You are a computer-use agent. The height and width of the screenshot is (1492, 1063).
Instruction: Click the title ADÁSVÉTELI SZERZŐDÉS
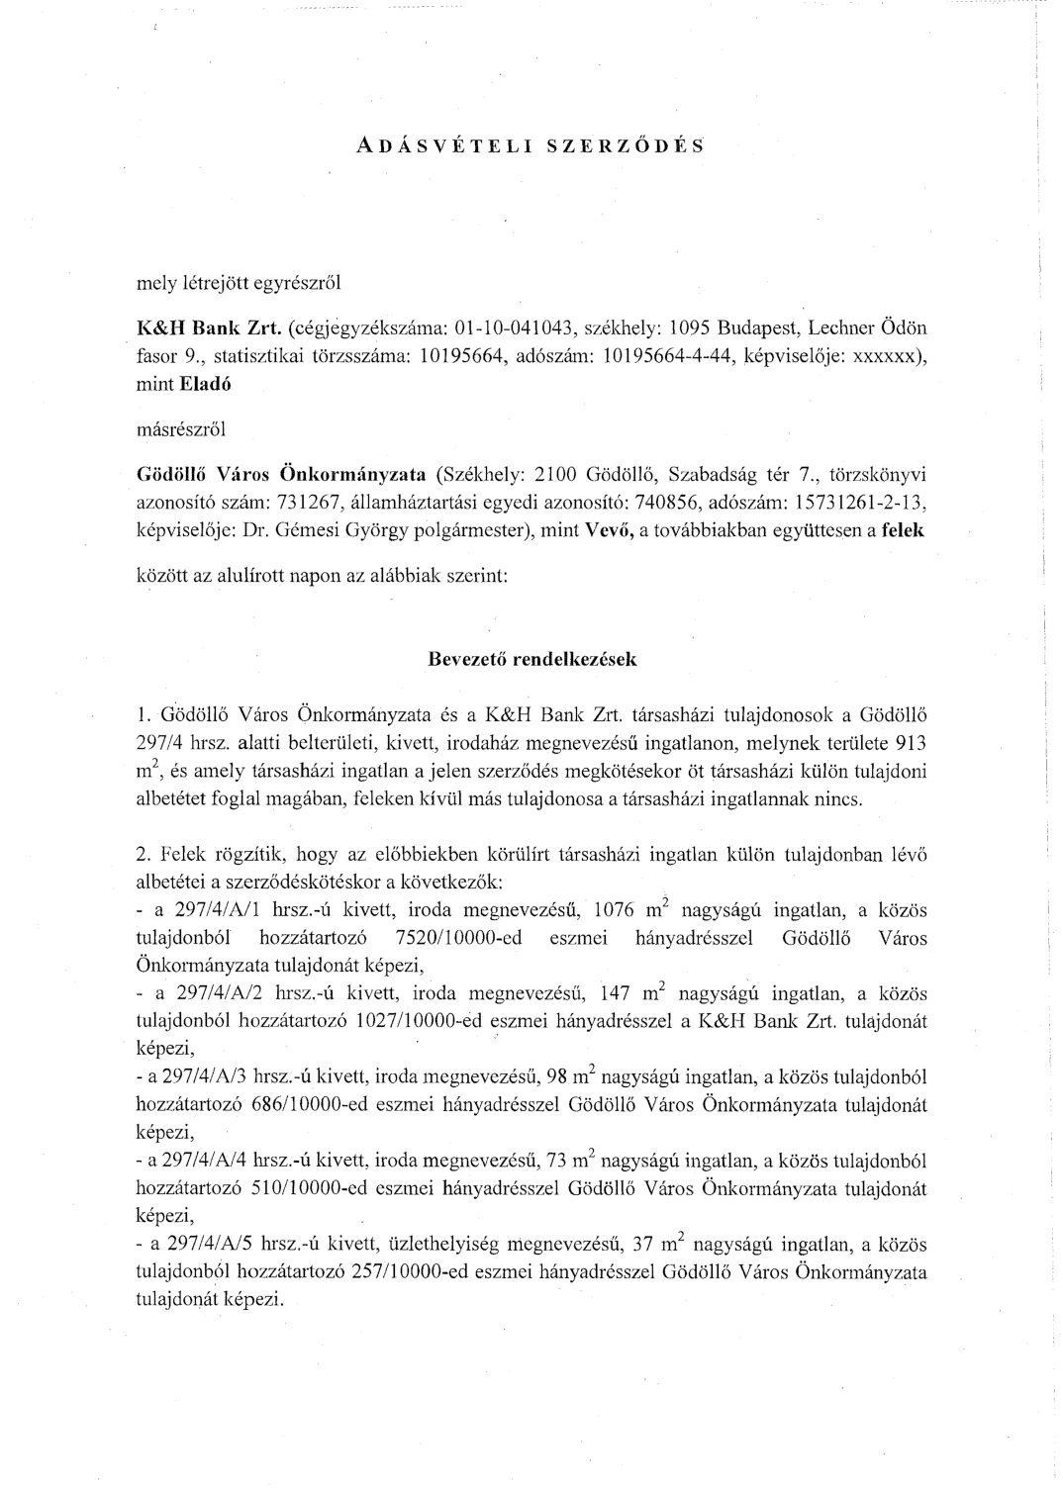(x=531, y=144)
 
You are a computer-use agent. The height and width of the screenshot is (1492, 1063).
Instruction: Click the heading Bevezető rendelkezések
(x=531, y=660)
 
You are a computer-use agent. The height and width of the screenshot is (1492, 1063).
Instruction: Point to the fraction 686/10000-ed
(x=267, y=1103)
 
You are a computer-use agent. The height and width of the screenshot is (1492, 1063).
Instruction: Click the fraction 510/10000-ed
(x=267, y=1186)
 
